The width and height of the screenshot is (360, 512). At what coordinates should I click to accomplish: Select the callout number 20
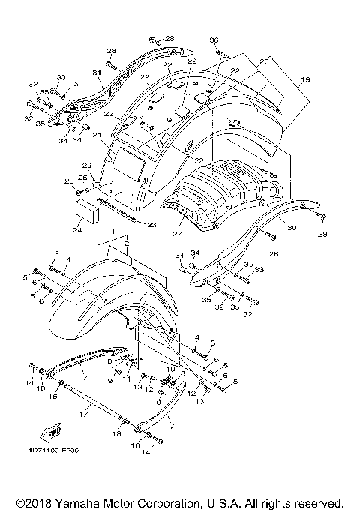264,63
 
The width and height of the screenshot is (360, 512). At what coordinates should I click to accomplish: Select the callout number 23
151,224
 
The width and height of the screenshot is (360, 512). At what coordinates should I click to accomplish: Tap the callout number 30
292,228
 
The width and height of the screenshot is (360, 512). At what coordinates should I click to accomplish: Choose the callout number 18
115,435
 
